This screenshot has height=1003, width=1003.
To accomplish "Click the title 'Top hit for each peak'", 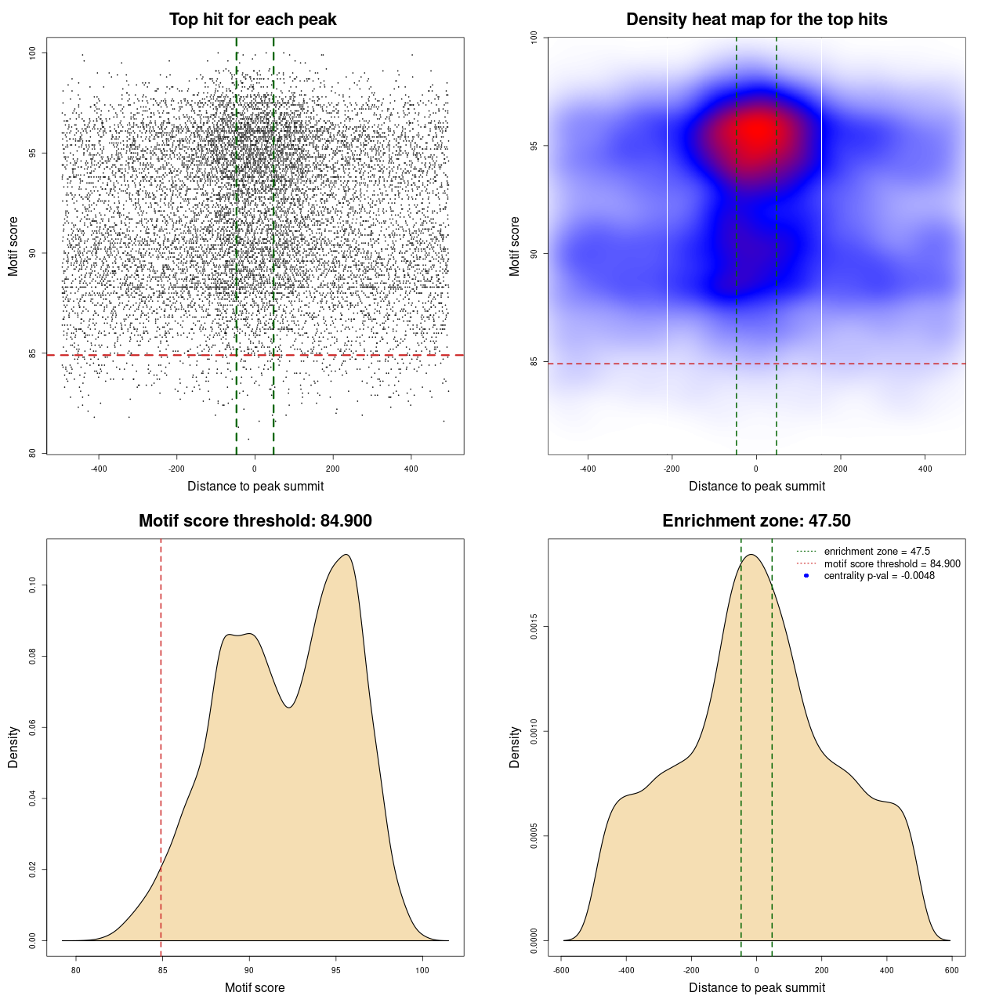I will [x=253, y=20].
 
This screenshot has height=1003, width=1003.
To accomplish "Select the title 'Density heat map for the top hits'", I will [x=756, y=20].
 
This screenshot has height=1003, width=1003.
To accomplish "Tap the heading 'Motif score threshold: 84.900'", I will [x=255, y=521].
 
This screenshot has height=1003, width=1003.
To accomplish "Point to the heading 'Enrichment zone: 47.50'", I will [x=756, y=521].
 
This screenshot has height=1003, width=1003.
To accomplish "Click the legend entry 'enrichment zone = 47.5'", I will [x=877, y=552].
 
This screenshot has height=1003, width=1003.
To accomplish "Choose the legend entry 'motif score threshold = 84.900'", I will [x=892, y=563].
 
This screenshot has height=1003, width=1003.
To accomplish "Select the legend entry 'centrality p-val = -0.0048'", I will [x=879, y=576].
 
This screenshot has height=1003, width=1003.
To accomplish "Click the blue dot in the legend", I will [x=806, y=576].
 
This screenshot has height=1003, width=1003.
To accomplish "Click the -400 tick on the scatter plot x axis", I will [x=99, y=469].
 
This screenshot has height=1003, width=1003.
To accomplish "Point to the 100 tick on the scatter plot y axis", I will [x=32, y=53].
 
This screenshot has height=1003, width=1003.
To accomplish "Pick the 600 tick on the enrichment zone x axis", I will [x=952, y=970].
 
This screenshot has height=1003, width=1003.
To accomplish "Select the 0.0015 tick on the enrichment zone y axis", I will [x=534, y=627].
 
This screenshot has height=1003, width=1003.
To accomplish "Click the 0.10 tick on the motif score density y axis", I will [x=32, y=585].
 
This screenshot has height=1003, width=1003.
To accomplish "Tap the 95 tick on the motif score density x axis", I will [x=336, y=970].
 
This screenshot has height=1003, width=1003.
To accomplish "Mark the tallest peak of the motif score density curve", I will [x=346, y=555].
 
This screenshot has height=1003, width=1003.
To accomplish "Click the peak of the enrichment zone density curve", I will [x=751, y=555].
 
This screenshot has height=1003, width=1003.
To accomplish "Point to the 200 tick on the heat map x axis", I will [x=841, y=469].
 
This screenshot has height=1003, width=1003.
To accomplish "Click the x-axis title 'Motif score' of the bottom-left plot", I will [x=255, y=987].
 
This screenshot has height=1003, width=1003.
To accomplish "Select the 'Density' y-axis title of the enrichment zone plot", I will [x=515, y=747].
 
